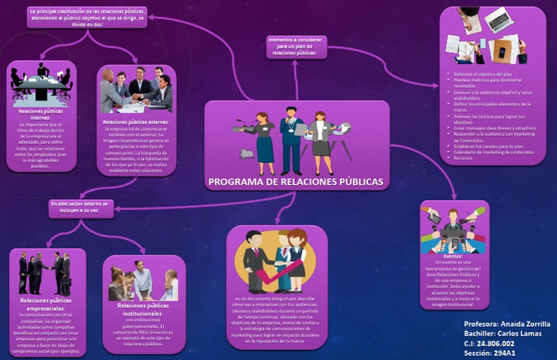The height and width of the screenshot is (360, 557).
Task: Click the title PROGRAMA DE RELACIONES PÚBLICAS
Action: coord(296,181)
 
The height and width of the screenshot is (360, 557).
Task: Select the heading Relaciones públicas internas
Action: coord(42,114)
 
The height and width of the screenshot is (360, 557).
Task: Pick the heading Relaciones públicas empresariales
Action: coord(45,303)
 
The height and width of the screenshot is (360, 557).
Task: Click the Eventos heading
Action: coord(453,256)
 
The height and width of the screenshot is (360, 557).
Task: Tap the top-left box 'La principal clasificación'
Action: coord(87,17)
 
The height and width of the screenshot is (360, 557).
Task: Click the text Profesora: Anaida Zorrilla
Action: coord(506,324)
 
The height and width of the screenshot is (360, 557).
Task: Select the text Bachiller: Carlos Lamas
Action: coord(503,334)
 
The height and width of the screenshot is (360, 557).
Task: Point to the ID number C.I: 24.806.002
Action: coord(489,343)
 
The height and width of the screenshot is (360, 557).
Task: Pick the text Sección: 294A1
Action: coord(490,353)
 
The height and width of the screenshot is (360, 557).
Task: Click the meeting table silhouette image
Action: coord(41,85)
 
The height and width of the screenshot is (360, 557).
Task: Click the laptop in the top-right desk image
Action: coord(500,20)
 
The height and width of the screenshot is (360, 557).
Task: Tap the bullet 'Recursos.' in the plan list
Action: coord(463,157)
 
